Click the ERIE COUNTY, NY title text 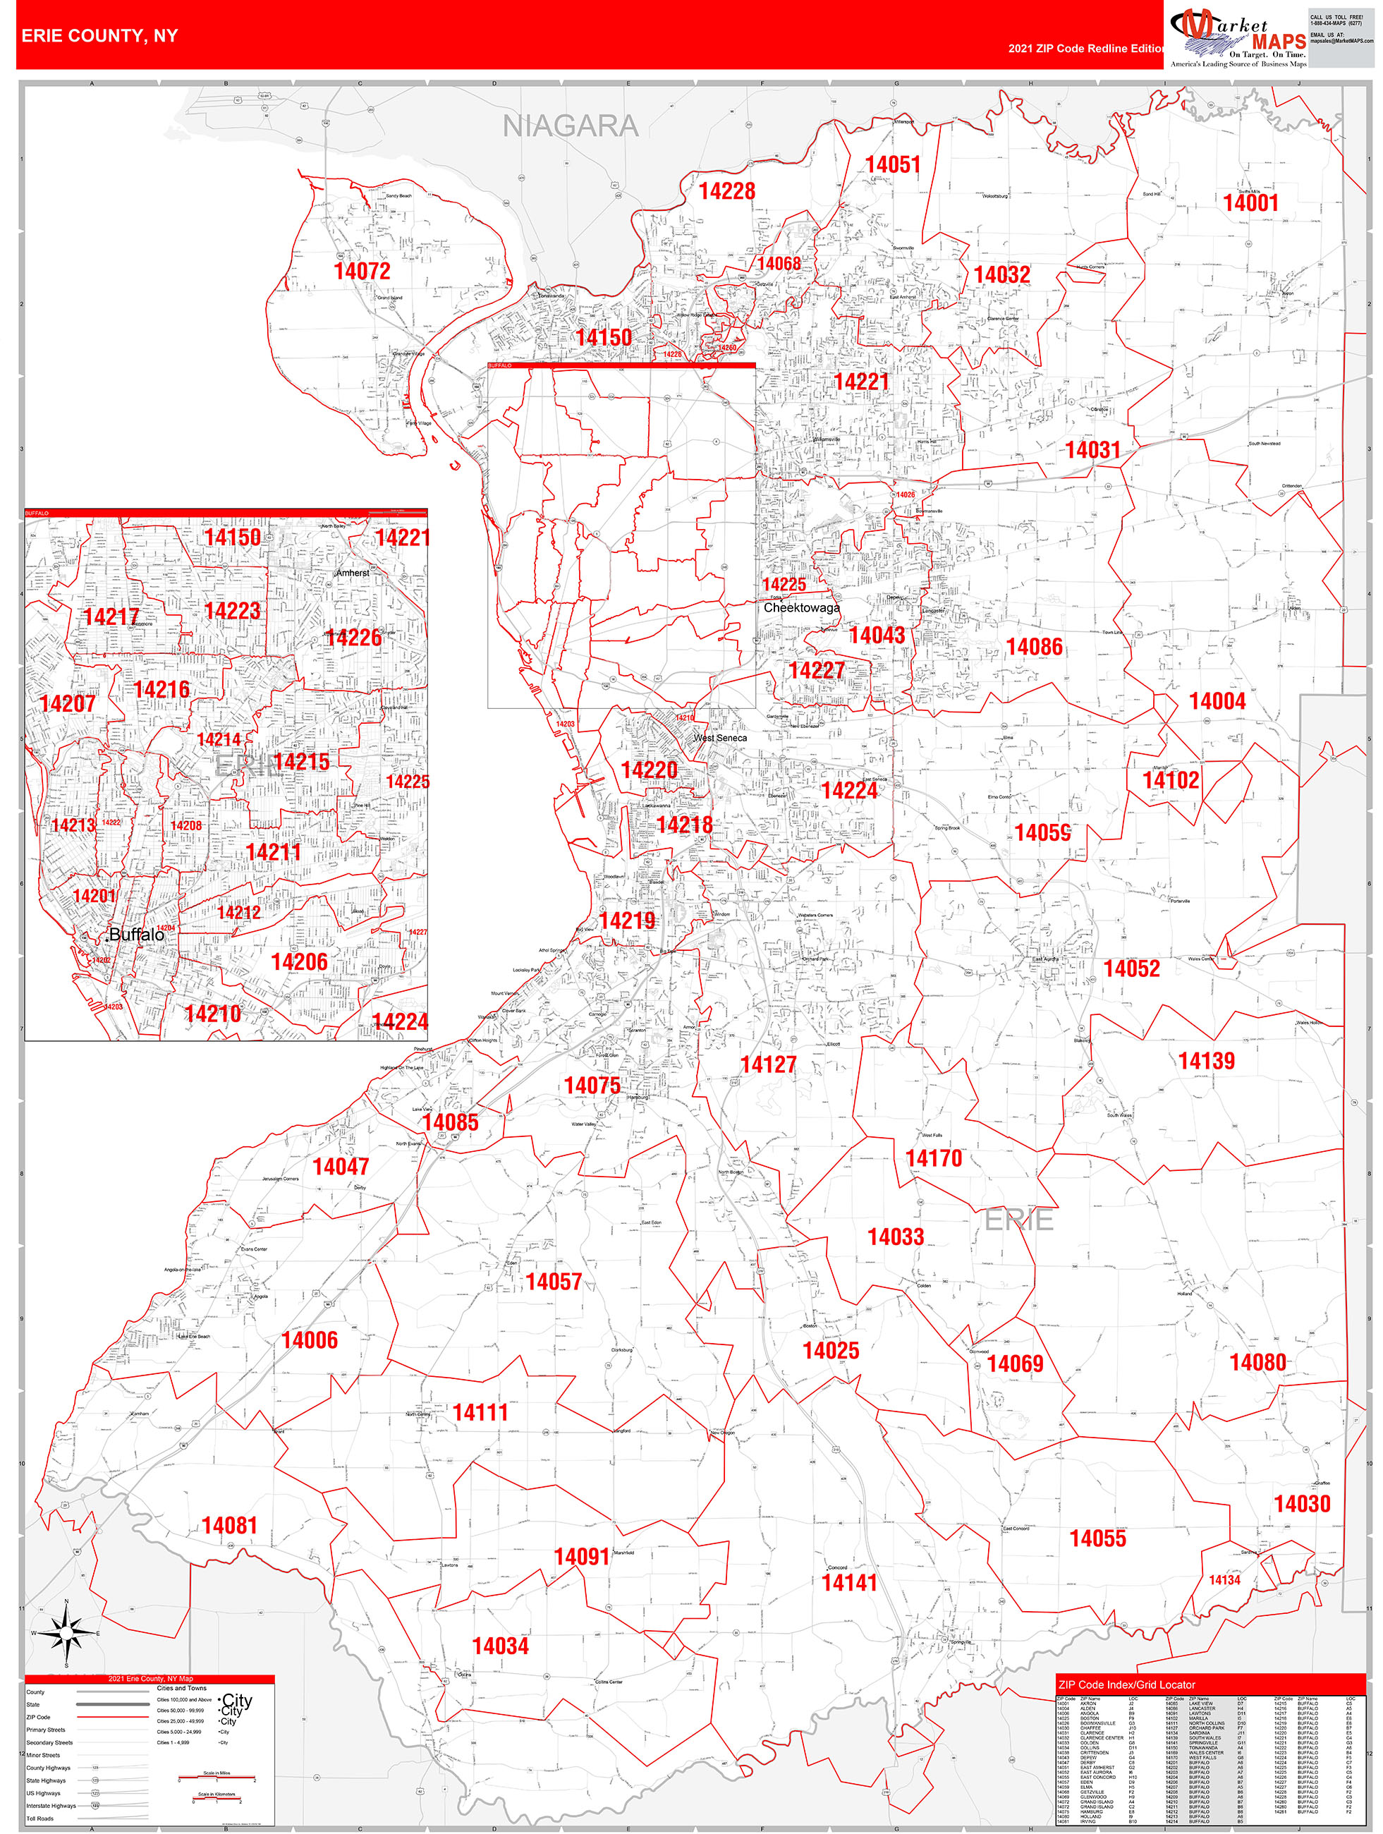coord(99,36)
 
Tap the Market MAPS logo coord(1238,38)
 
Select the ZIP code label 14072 coord(362,271)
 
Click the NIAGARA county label coord(571,126)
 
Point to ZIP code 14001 coord(1250,202)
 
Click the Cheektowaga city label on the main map coord(801,608)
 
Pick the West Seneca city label coord(719,738)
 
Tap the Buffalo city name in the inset coord(137,935)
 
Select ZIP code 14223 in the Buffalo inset coord(232,611)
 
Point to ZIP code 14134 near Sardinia coord(1224,1580)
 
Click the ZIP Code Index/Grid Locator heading coord(1127,1684)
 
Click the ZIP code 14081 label coord(230,1526)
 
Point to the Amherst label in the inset coord(353,573)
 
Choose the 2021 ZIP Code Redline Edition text coord(1085,49)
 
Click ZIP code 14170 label coord(934,1158)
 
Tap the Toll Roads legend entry coord(39,1818)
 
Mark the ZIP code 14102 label coord(1170,780)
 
